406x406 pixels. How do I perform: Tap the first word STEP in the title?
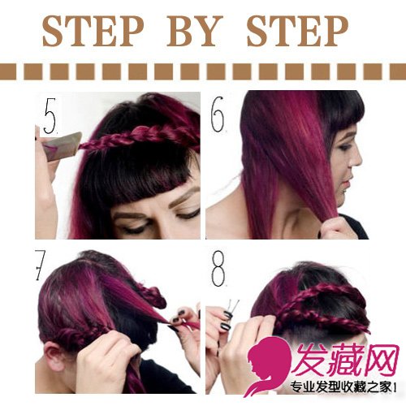click(93, 31)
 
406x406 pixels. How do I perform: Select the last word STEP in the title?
click(297, 31)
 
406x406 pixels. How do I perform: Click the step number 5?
click(50, 116)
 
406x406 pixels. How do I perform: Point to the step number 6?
click(218, 114)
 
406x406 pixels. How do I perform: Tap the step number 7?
click(40, 266)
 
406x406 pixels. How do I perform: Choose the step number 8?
click(218, 268)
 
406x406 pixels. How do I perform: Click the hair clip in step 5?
click(62, 146)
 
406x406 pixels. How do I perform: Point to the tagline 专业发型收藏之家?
click(341, 387)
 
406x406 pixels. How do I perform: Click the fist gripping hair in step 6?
click(332, 228)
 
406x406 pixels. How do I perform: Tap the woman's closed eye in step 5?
click(135, 229)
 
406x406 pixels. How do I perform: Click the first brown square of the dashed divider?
click(7, 71)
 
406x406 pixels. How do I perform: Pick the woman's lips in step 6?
click(348, 184)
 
